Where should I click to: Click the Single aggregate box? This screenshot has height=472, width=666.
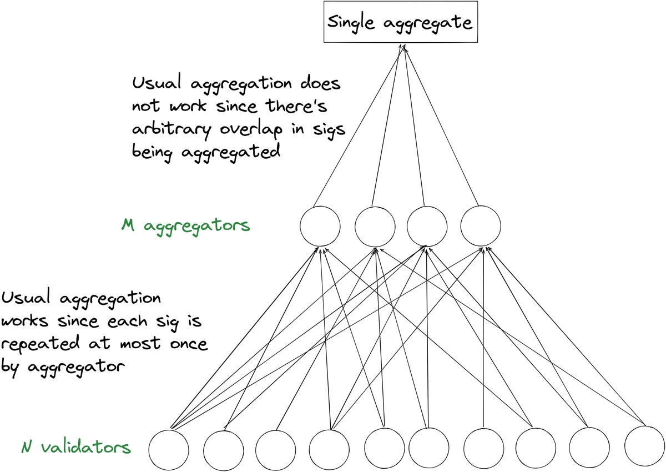click(x=400, y=23)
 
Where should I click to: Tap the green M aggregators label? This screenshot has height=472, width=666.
click(x=185, y=226)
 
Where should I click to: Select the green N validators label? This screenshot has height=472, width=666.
click(x=77, y=447)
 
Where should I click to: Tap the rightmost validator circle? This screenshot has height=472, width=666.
click(x=644, y=447)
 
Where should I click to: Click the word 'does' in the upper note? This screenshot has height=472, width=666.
click(x=320, y=84)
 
